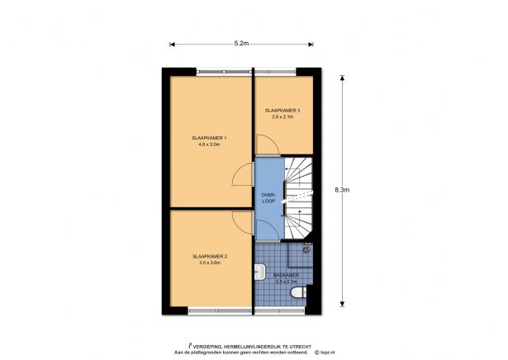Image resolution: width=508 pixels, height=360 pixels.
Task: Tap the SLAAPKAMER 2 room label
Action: tap(209, 256)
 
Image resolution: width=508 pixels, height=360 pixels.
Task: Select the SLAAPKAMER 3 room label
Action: tap(282, 111)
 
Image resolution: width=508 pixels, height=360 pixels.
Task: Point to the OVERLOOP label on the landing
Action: tap(267, 197)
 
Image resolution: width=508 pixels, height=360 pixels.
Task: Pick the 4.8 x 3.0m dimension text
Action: tap(209, 145)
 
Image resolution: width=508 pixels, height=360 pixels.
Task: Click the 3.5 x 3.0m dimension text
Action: tap(209, 263)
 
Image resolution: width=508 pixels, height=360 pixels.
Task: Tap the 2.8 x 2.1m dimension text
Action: tap(282, 117)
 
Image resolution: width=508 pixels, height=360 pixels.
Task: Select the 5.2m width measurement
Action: tap(242, 42)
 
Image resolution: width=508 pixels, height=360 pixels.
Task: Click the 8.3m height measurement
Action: tap(341, 190)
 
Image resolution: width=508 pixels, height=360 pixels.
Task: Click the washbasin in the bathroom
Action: tap(259, 269)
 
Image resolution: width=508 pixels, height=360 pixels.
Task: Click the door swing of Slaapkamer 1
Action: tap(243, 176)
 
